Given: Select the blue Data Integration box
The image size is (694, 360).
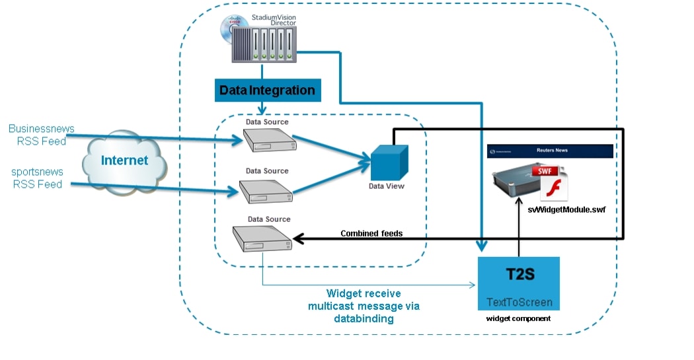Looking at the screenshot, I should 267,90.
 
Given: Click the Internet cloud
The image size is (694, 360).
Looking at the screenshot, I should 124,161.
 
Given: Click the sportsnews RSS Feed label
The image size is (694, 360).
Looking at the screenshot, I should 37,178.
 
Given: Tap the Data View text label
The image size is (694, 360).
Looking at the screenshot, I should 387,186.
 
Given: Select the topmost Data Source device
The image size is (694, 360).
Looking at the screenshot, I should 266,140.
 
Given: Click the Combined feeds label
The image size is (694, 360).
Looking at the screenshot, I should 371,233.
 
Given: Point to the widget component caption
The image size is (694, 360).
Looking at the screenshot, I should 519,318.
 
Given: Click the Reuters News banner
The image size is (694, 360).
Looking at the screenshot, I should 550,151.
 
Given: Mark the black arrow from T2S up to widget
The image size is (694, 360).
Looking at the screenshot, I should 519,231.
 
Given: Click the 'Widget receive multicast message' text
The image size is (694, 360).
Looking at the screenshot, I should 364,306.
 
